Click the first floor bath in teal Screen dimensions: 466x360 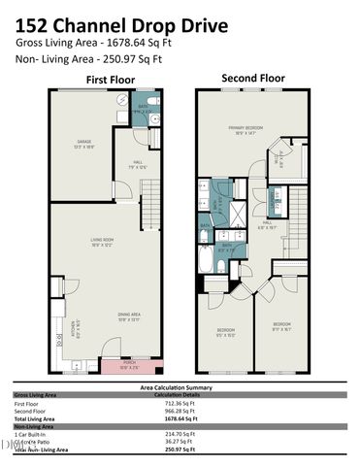tap(144, 109)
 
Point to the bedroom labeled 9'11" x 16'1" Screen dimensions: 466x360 tap(281, 325)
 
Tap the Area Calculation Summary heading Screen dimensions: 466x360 tap(180, 387)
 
